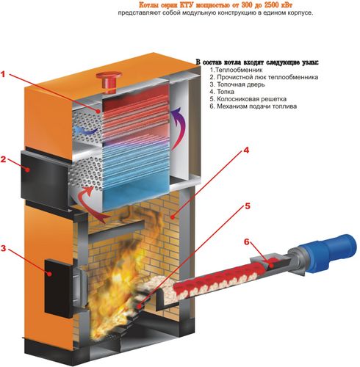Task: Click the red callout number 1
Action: [3, 74]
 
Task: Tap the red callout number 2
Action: [3, 159]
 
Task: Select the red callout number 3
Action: [3, 249]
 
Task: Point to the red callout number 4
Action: [246, 150]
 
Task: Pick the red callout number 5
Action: [248, 206]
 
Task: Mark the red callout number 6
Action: [246, 242]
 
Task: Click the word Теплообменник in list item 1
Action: [239, 70]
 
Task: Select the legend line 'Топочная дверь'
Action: [237, 84]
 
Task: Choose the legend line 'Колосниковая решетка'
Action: [248, 99]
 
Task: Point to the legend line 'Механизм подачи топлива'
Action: [253, 106]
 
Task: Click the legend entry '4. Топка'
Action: [222, 92]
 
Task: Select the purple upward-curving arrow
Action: [179, 127]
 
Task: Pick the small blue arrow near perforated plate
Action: [86, 130]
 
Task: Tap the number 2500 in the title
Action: [272, 5]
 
